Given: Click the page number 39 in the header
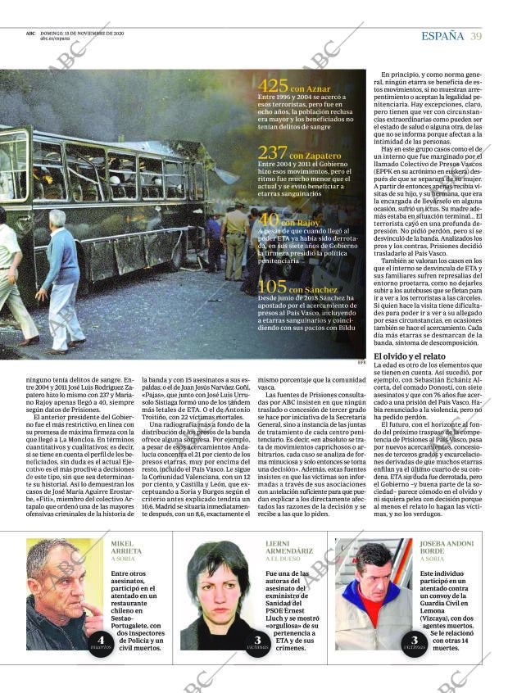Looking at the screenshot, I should (476, 36).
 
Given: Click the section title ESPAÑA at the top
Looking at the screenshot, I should (442, 36).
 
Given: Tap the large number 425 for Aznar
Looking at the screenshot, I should (272, 85).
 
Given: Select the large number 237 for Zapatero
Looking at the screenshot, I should (272, 152).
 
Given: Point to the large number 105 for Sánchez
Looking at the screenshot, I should (272, 286).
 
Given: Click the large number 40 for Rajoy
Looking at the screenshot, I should (269, 220).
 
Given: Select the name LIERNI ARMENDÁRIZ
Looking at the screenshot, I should (288, 547).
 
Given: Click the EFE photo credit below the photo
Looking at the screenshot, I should (361, 363).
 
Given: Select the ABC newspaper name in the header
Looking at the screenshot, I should (30, 34).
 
